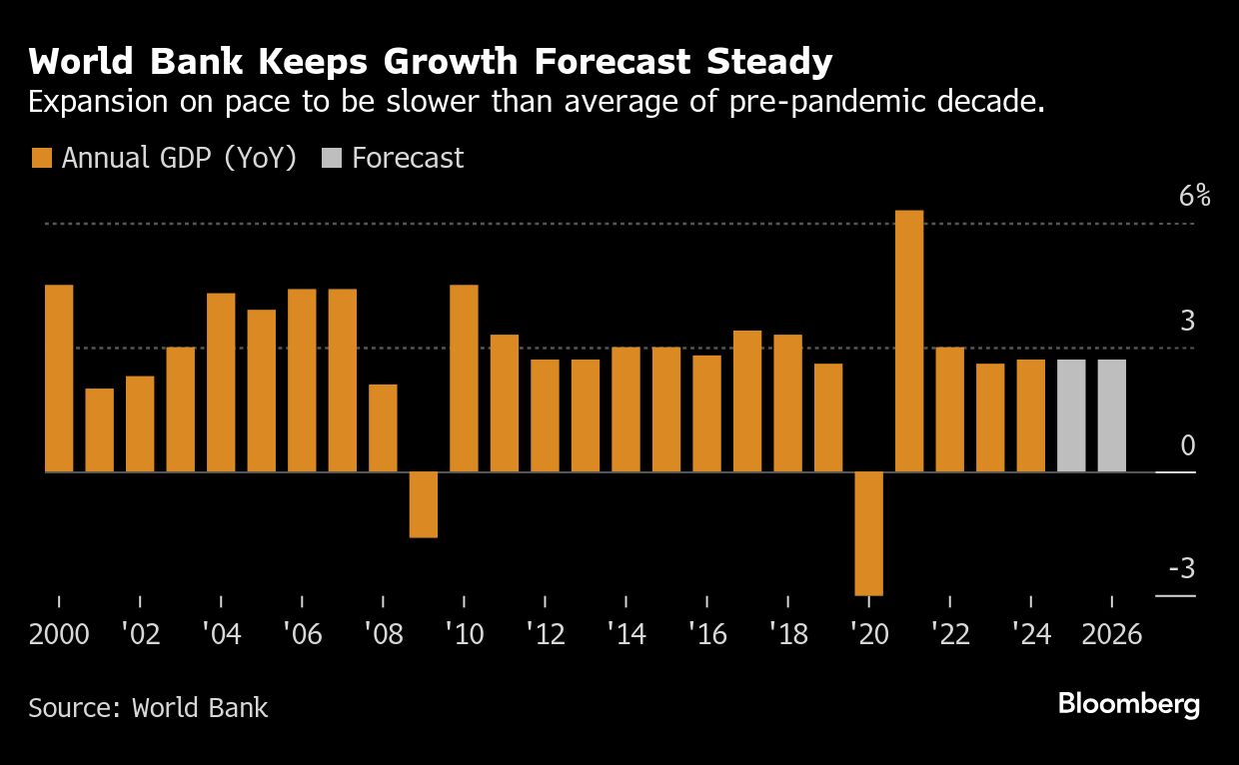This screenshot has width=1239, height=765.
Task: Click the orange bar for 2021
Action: click(909, 341)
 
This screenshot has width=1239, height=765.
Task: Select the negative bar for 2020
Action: click(868, 533)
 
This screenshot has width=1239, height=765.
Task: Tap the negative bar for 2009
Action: click(424, 504)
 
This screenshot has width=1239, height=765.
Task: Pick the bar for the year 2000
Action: click(59, 379)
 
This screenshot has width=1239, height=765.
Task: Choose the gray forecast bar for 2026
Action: click(1111, 415)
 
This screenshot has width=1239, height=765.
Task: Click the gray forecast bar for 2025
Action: click(1071, 415)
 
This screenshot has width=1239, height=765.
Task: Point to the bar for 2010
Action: click(464, 379)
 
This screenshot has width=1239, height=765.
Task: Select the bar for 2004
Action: click(221, 382)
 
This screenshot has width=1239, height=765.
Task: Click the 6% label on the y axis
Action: click(1194, 196)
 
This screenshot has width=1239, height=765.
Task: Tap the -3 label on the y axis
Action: click(1181, 569)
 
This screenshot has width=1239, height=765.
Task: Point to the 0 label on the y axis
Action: click(1187, 445)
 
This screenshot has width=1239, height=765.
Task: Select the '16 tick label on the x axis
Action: click(706, 635)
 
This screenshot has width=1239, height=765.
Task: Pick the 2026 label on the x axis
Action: click(1111, 635)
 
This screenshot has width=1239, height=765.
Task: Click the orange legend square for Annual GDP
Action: click(41, 158)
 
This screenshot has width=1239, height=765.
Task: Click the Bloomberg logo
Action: click(1129, 704)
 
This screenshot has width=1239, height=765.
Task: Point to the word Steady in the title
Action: click(769, 62)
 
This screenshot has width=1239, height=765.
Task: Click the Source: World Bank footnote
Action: click(148, 708)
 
